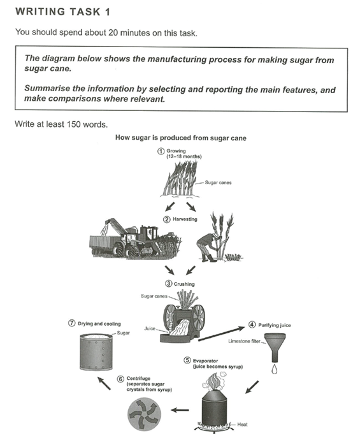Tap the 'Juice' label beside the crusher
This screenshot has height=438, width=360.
[150, 329]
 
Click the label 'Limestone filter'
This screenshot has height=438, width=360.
[245, 342]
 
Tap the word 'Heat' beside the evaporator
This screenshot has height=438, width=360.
[243, 423]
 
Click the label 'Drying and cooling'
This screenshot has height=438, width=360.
[98, 324]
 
